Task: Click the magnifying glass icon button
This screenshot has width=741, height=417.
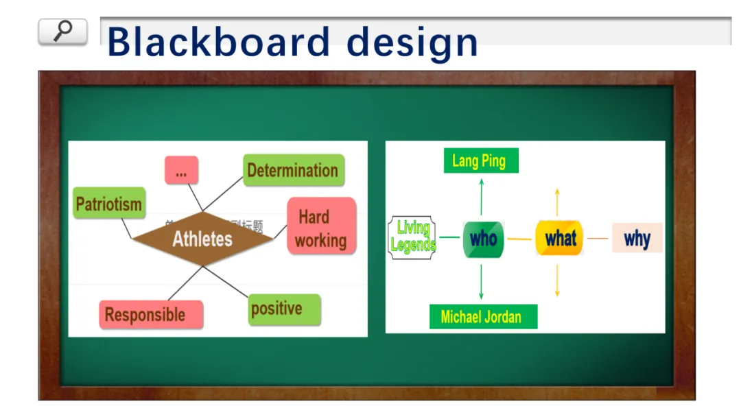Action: (x=62, y=32)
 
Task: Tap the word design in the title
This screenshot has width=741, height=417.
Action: (x=412, y=43)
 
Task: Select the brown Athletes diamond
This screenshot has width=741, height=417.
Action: (x=202, y=239)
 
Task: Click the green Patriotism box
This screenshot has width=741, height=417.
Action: (x=109, y=204)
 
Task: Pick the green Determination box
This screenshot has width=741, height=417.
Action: (x=293, y=170)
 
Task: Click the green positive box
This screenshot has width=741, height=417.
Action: (x=284, y=309)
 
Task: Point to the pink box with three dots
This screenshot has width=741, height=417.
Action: (x=181, y=170)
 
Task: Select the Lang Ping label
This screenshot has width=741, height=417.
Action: (x=480, y=161)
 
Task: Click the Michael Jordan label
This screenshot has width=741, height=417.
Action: (x=482, y=317)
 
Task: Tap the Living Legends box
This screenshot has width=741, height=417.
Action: (x=412, y=237)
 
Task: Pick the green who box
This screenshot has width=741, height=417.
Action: (x=483, y=239)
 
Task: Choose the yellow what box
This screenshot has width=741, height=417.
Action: (x=560, y=238)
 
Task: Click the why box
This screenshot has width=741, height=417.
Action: (x=637, y=238)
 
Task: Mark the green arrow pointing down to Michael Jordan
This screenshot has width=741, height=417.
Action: (x=482, y=281)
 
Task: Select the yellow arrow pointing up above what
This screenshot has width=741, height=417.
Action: (x=557, y=202)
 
